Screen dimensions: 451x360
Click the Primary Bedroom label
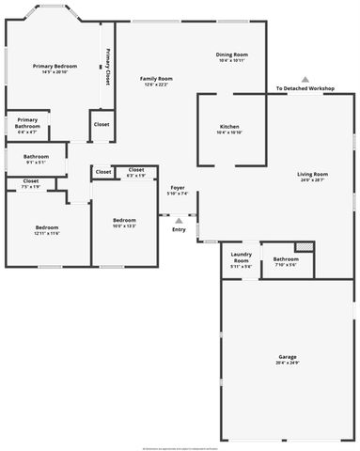coord(55,66)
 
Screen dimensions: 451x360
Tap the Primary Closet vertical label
coord(108,67)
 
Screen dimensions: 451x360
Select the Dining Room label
coord(231,54)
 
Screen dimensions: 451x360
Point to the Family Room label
coord(156,78)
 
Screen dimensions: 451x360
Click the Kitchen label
coord(229,127)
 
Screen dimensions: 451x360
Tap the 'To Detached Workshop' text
coord(305,89)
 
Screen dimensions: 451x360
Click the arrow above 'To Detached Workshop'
coord(305,79)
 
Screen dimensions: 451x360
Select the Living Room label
coord(312,174)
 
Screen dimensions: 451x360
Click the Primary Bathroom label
coord(27,122)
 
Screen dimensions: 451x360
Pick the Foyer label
coord(178,188)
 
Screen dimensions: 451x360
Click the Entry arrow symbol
coord(179,220)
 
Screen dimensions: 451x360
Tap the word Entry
coord(179,229)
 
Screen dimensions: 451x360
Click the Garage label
coord(288,357)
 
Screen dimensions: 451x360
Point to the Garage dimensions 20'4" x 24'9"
coord(288,364)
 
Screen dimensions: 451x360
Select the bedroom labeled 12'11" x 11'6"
coord(47,227)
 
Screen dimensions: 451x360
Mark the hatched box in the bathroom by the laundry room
coord(303,247)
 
